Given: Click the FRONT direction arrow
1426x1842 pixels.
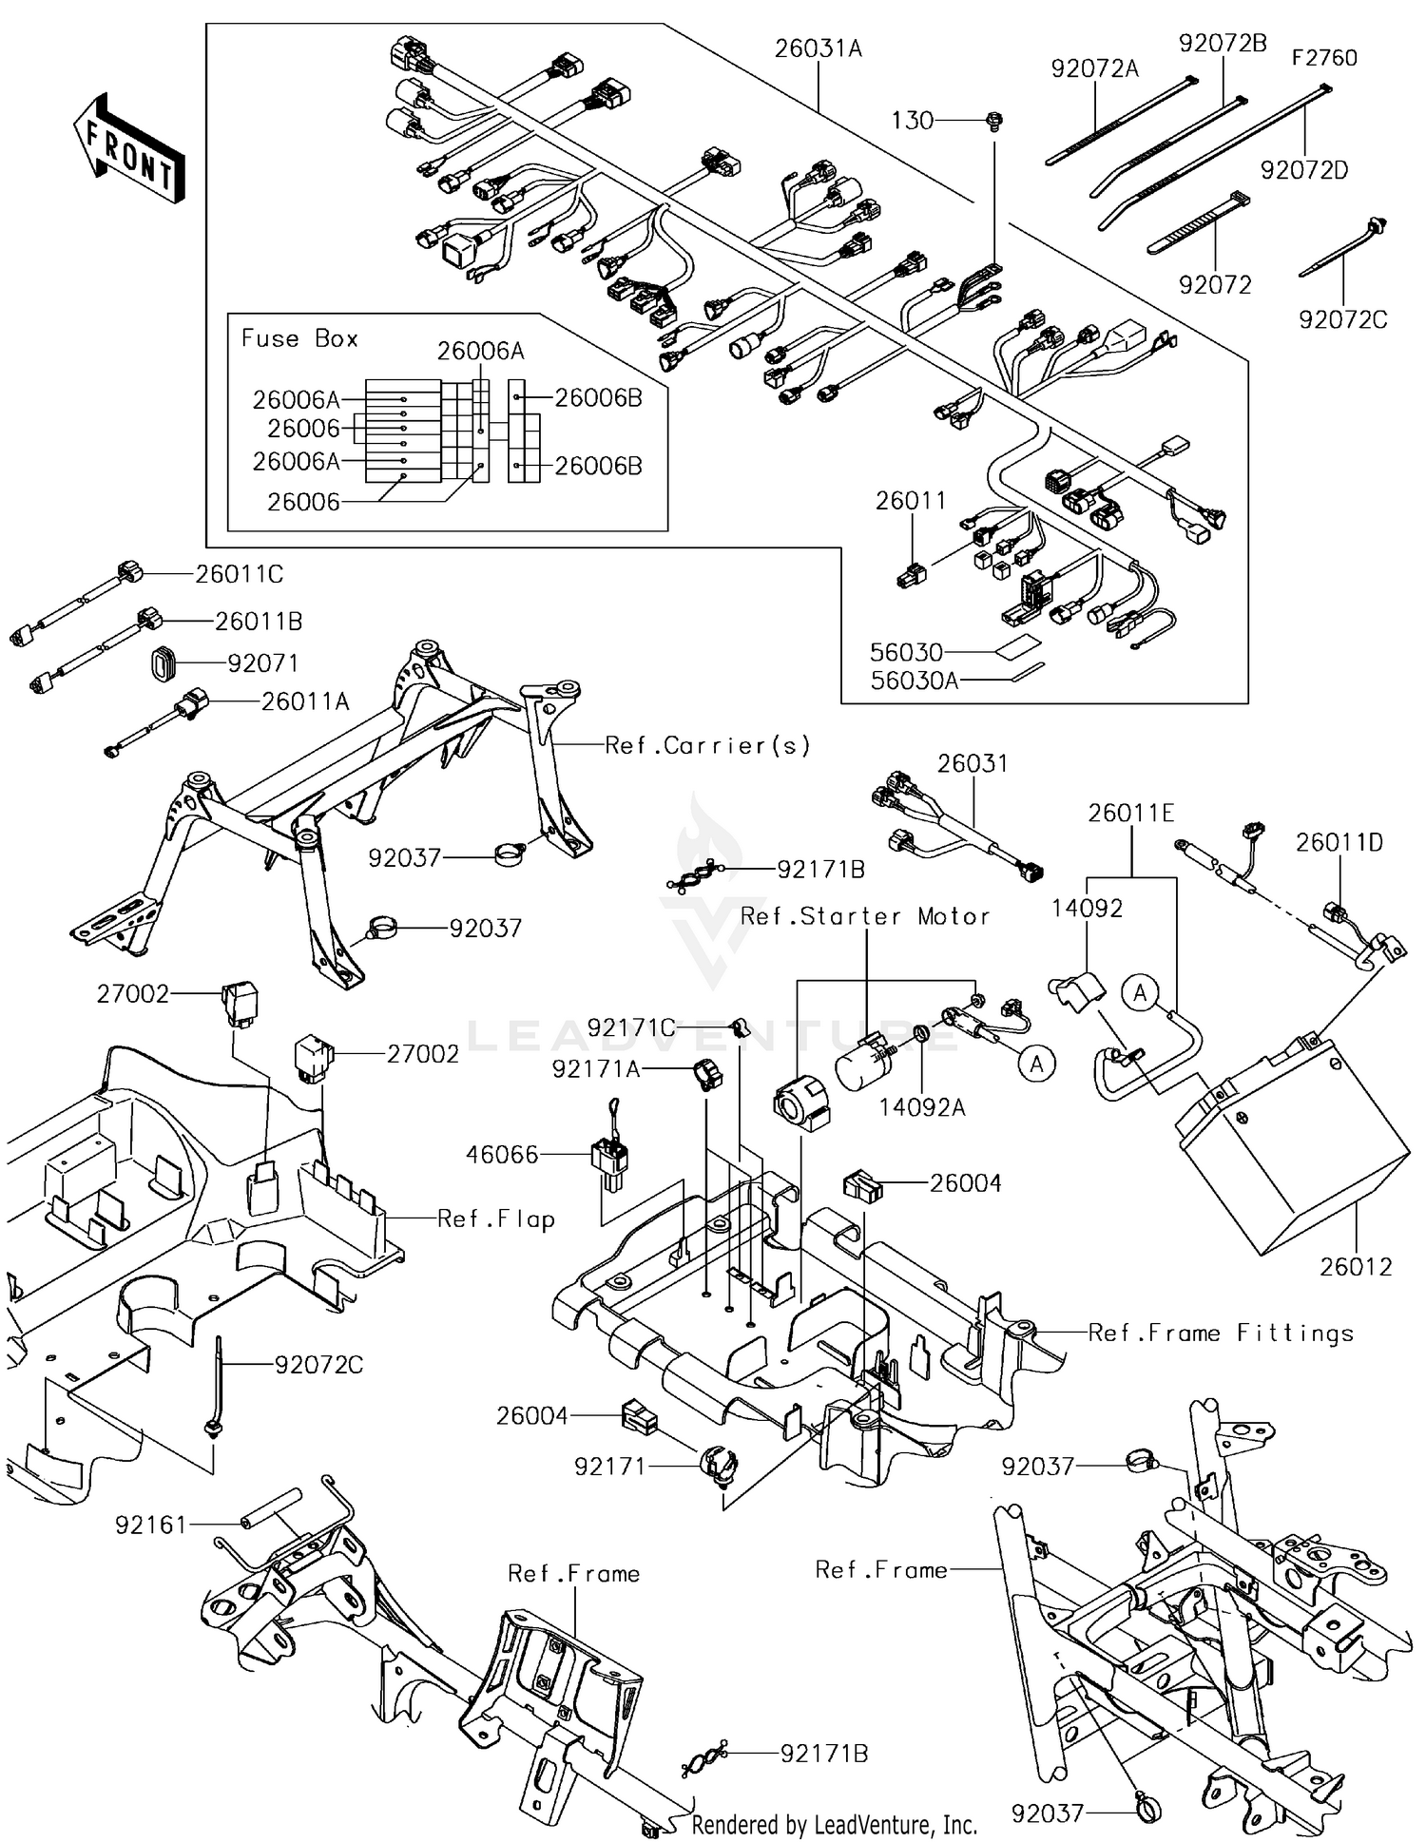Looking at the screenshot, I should pos(128,147).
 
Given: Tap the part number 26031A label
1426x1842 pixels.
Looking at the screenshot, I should pos(818,48).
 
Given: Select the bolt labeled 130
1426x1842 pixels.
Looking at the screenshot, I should pos(995,121).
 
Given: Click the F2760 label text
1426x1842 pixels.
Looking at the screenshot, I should pos(1323,58).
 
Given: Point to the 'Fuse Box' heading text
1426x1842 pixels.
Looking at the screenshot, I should pos(299,339).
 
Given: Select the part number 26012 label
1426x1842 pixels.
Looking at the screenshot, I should pos(1355,1267).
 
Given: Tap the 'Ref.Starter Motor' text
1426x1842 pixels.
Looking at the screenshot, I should pos(865,917).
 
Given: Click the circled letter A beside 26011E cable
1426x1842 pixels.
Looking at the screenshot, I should pos(1140,994).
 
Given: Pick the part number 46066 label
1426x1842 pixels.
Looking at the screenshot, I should pos(502,1155).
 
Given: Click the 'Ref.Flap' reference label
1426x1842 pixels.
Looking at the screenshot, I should pos(495,1219).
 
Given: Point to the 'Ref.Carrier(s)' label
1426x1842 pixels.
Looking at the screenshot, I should pos(708,746).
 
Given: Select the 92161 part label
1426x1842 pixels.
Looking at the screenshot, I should pos(151,1525).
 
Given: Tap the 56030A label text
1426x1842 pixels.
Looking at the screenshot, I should pos(914,681).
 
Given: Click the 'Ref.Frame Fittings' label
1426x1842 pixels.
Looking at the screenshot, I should pos(1221,1334).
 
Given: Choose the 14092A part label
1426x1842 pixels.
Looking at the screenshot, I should pos(921,1107).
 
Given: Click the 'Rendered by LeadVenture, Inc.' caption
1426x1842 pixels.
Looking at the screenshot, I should pos(834,1825).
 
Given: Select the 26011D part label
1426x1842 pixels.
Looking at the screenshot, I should pos(1339,843).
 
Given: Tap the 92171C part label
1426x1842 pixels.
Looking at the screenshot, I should pos(631,1028).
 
